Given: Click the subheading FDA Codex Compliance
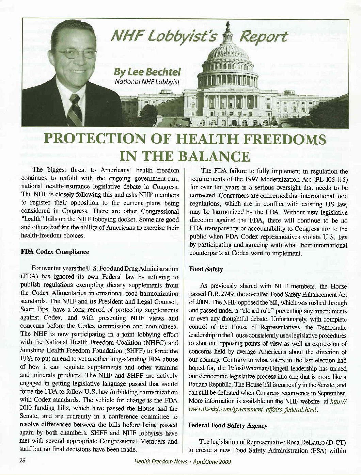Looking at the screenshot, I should [55, 252].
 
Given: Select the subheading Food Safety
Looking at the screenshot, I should [206, 269].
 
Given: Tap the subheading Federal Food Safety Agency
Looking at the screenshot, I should [228, 426].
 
